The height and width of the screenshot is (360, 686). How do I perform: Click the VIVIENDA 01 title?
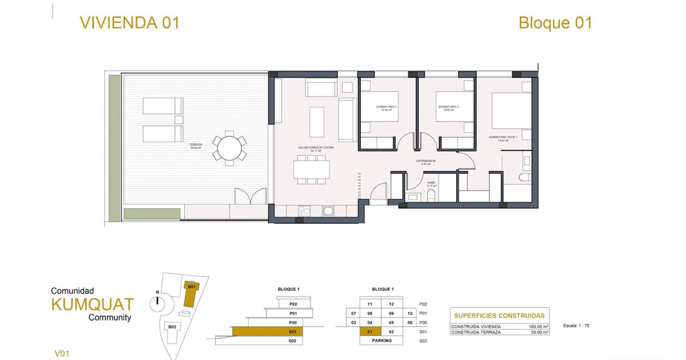pos(130,23)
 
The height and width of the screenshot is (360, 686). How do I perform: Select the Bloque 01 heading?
pos(555,23)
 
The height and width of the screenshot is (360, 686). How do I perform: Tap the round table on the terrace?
pos(229,148)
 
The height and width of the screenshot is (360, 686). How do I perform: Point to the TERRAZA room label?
pos(196,146)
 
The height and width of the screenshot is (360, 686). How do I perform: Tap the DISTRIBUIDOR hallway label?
pos(426,162)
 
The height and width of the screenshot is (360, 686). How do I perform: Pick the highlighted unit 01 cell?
pos(370,331)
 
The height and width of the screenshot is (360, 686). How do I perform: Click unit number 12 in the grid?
pos(392,305)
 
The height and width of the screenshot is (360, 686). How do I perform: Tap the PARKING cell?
pos(381,341)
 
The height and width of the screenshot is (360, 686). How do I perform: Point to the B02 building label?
pos(170,326)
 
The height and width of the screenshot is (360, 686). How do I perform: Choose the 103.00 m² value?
pos(537,326)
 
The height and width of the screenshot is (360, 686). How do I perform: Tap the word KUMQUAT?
pos(92,304)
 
